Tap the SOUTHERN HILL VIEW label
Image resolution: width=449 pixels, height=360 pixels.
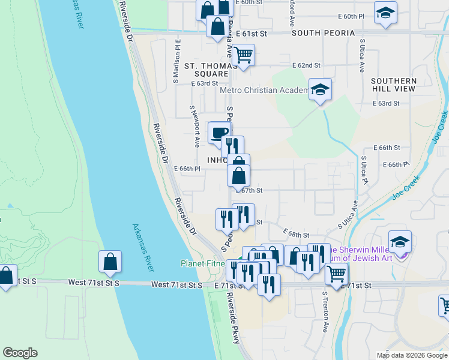click(x=393, y=85)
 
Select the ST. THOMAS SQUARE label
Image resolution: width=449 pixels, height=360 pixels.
click(x=206, y=69)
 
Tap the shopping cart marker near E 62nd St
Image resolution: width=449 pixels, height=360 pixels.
click(x=243, y=55)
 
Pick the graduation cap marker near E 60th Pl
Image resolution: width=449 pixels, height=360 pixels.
click(x=385, y=13)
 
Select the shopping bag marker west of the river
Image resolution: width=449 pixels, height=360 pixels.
click(x=110, y=262)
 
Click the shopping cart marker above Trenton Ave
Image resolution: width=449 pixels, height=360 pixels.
click(x=336, y=274)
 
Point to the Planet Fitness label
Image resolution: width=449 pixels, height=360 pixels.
click(x=204, y=263)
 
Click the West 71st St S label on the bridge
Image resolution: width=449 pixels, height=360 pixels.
click(x=94, y=282)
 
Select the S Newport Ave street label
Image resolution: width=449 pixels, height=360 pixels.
click(x=194, y=127)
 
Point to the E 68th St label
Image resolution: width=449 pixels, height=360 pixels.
click(x=298, y=235)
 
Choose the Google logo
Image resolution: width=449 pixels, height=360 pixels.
click(x=20, y=353)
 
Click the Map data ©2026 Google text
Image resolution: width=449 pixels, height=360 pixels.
click(x=411, y=355)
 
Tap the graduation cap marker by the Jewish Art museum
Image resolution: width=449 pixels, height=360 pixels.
click(x=400, y=242)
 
